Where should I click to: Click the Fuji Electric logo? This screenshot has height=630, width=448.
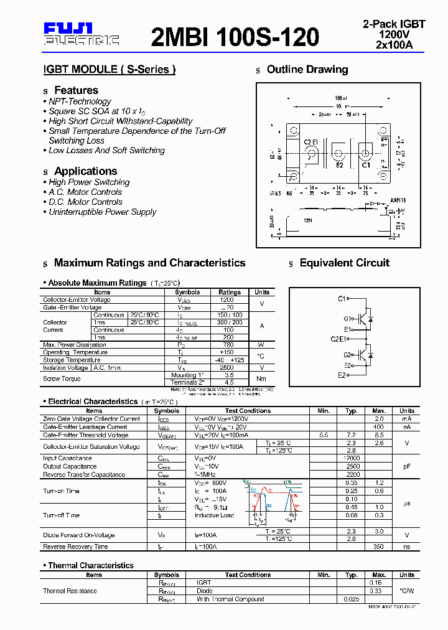(x=81, y=34)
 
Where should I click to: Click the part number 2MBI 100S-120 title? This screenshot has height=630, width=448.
(x=235, y=37)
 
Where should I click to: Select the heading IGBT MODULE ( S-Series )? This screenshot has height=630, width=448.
(x=109, y=69)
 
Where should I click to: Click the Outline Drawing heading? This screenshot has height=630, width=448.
(x=307, y=69)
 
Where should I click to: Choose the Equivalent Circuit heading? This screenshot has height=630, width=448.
(x=344, y=263)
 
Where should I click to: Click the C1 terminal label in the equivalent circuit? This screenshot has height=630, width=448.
(x=342, y=299)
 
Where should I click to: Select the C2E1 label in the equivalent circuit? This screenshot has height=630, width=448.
(x=338, y=339)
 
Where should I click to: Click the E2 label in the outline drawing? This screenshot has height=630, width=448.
(x=340, y=165)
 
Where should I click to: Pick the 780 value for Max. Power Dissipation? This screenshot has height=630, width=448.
(x=229, y=345)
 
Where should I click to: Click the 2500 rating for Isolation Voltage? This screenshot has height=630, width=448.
(x=229, y=367)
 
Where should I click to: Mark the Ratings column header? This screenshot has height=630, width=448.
(x=229, y=292)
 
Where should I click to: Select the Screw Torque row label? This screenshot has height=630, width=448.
(x=62, y=378)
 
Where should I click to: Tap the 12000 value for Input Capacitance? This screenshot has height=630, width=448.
(x=352, y=458)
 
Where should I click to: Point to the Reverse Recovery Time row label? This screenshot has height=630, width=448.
(x=75, y=547)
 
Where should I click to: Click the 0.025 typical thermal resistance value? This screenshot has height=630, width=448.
(x=352, y=599)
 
